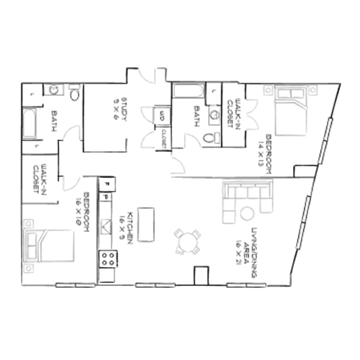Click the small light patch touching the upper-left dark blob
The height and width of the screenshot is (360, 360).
point(71,130)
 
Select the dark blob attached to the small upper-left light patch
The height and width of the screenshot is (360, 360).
point(56,119)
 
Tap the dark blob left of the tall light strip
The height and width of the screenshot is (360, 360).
point(117,111)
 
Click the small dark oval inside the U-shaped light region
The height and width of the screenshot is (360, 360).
point(163,137)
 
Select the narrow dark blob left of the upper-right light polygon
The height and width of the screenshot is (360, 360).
point(235,112)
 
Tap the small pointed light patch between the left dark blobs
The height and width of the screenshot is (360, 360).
point(70,184)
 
